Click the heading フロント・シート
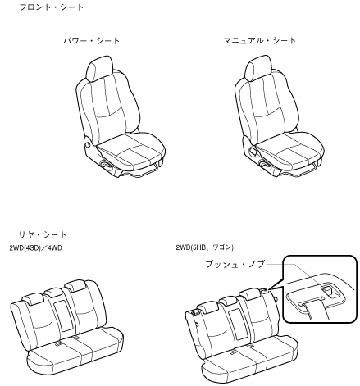52,7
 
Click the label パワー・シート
92,41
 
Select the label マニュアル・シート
260,41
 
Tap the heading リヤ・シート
43,234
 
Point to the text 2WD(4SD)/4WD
35,248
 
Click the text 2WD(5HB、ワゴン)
205,247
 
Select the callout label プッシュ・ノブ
235,264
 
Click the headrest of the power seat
100,68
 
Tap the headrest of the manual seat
258,68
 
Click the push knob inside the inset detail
329,291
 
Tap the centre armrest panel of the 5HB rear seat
238,324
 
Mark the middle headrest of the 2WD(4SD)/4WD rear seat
53,293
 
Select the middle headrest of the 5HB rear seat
228,302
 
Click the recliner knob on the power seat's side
88,143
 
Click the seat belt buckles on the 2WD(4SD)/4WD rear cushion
66,341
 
